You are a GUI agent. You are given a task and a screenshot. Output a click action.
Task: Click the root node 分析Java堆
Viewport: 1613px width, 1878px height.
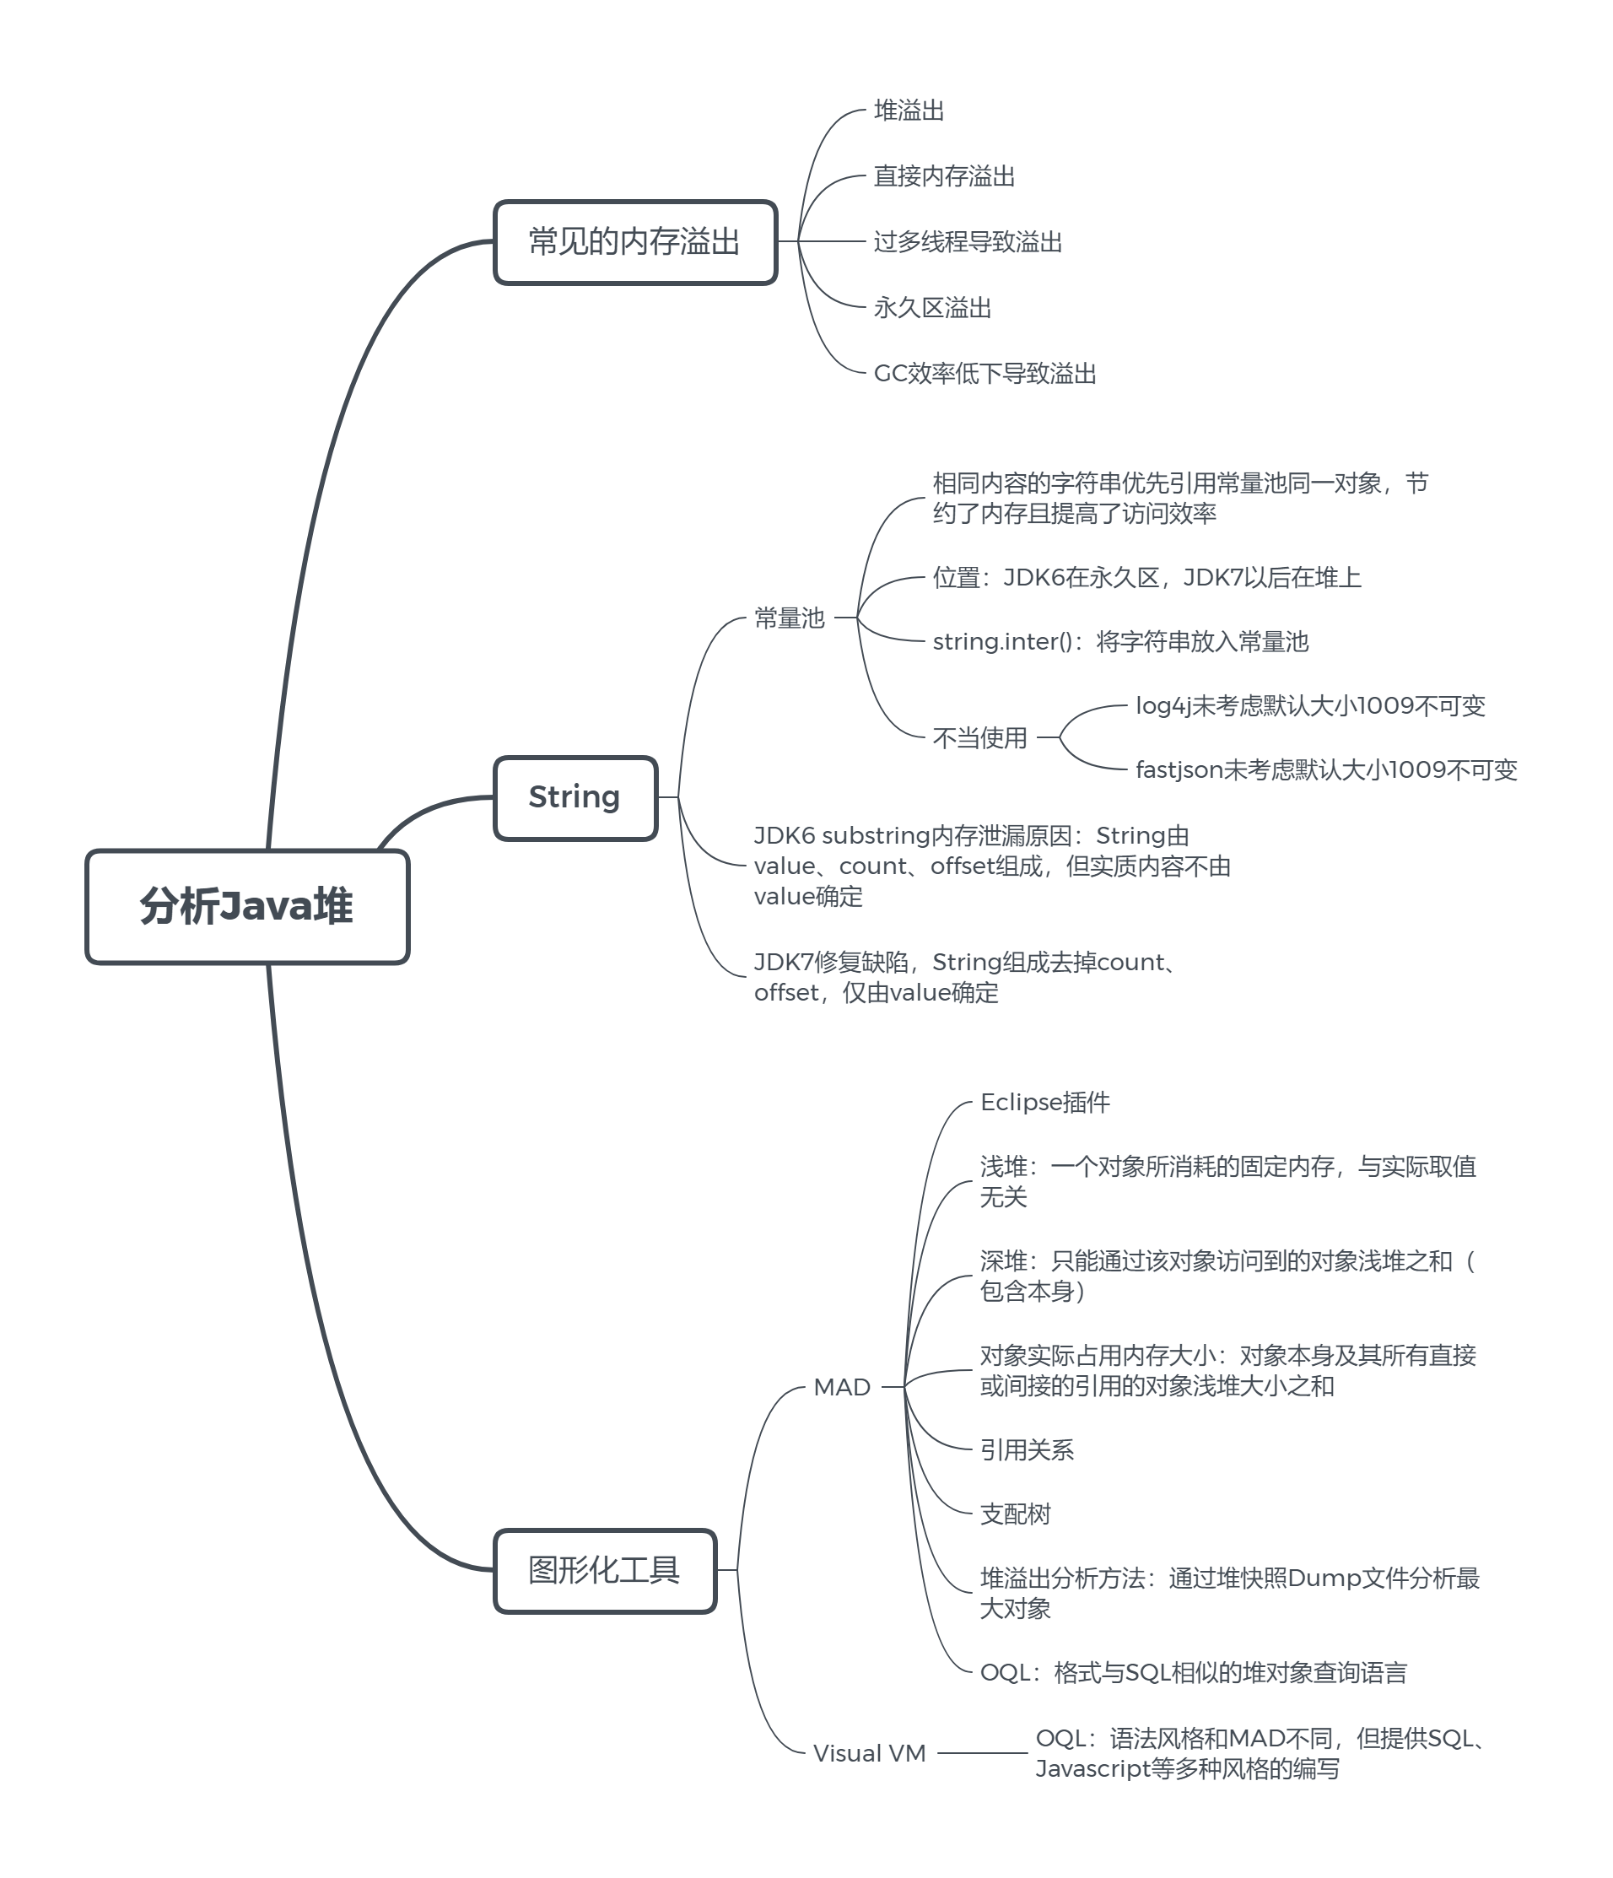point(246,906)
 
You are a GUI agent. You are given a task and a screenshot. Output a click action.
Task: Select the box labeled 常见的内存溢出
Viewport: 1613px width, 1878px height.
point(634,242)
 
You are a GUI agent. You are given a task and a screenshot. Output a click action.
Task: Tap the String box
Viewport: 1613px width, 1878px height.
point(575,797)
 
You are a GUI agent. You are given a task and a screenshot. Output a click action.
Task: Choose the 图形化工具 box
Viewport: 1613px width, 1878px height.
point(604,1571)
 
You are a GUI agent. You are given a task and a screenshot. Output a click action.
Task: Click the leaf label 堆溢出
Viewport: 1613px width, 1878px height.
point(909,111)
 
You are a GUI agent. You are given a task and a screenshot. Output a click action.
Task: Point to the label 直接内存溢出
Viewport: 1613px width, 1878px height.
point(943,175)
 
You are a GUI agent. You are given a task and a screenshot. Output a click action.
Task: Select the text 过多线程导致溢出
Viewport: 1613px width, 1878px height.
point(968,242)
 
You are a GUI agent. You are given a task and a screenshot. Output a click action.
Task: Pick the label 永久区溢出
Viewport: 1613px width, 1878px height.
point(931,308)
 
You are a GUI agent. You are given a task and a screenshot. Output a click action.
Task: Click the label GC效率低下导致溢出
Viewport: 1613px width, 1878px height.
point(985,374)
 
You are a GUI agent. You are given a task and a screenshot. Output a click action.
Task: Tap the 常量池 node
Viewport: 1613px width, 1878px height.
point(790,618)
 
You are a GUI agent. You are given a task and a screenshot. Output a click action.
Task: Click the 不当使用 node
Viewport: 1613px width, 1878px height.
point(979,737)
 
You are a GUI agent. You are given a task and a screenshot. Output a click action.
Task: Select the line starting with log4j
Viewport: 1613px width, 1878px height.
point(1310,706)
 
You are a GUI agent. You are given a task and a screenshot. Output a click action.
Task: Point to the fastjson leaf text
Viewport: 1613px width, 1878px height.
point(1325,770)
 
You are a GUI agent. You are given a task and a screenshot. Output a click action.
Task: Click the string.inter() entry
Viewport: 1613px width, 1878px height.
point(1120,642)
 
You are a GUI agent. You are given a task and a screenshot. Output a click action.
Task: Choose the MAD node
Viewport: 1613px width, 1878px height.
point(842,1387)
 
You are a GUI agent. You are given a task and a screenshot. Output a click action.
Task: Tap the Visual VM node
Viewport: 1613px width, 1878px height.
point(869,1753)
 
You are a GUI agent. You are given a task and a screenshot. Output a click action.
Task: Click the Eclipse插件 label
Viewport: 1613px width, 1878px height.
point(1045,1102)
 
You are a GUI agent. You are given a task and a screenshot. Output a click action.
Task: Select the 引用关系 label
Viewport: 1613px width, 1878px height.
point(1027,1450)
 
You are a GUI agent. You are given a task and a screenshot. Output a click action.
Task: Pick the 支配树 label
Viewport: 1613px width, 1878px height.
point(1015,1514)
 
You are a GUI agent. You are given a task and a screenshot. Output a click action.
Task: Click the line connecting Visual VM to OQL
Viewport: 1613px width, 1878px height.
point(982,1753)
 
